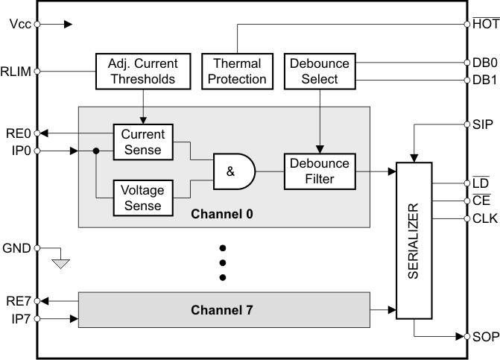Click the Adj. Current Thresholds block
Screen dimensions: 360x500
[142, 70]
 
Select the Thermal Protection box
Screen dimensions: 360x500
[236, 70]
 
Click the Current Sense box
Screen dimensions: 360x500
[142, 142]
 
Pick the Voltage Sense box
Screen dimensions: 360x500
[142, 198]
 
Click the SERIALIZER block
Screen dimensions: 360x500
[420, 240]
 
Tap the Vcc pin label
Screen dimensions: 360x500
[20, 24]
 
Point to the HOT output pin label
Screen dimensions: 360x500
[485, 24]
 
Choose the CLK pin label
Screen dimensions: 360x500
[484, 218]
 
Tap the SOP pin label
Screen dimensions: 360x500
[485, 337]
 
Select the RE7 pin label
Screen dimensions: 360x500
[18, 301]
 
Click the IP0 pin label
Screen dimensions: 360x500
[19, 151]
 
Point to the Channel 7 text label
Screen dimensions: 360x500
[222, 309]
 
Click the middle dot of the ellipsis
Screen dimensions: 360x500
[222, 262]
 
